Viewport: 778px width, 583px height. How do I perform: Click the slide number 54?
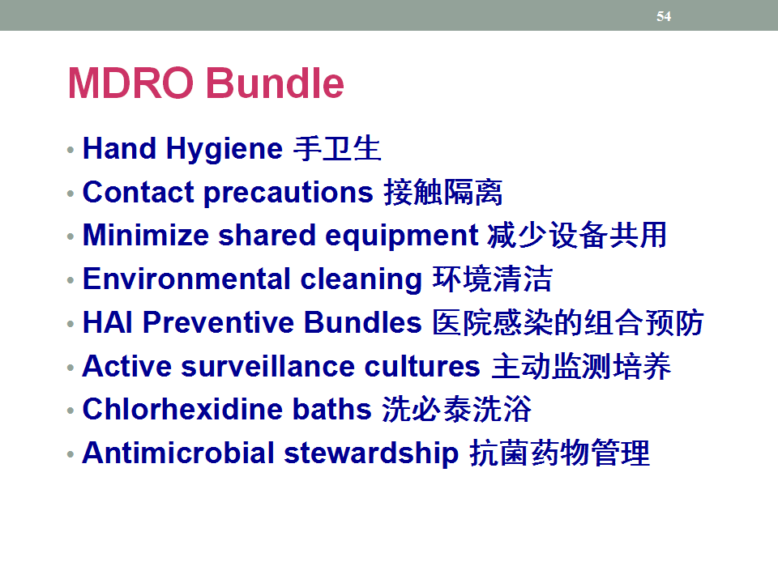[664, 16]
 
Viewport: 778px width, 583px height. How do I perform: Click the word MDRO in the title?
[130, 83]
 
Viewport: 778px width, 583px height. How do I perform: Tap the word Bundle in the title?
[275, 83]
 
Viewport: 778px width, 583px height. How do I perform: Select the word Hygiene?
[224, 149]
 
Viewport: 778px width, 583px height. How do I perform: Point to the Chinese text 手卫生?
[337, 148]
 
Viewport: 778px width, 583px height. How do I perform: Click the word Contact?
[138, 192]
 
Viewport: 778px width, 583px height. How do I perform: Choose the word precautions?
[289, 193]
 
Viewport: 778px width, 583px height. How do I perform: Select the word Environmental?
[186, 279]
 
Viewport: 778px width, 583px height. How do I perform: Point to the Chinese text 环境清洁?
[493, 279]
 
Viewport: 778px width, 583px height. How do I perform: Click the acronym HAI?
[108, 322]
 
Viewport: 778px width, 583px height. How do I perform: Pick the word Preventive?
[219, 322]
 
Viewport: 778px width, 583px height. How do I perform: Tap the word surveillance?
[268, 366]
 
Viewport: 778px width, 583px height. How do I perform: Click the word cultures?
[422, 366]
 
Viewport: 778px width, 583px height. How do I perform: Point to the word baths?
[332, 409]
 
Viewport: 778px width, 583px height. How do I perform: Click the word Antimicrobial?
[178, 453]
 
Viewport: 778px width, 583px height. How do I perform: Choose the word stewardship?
[371, 453]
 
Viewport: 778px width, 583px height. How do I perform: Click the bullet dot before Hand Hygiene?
[71, 150]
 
